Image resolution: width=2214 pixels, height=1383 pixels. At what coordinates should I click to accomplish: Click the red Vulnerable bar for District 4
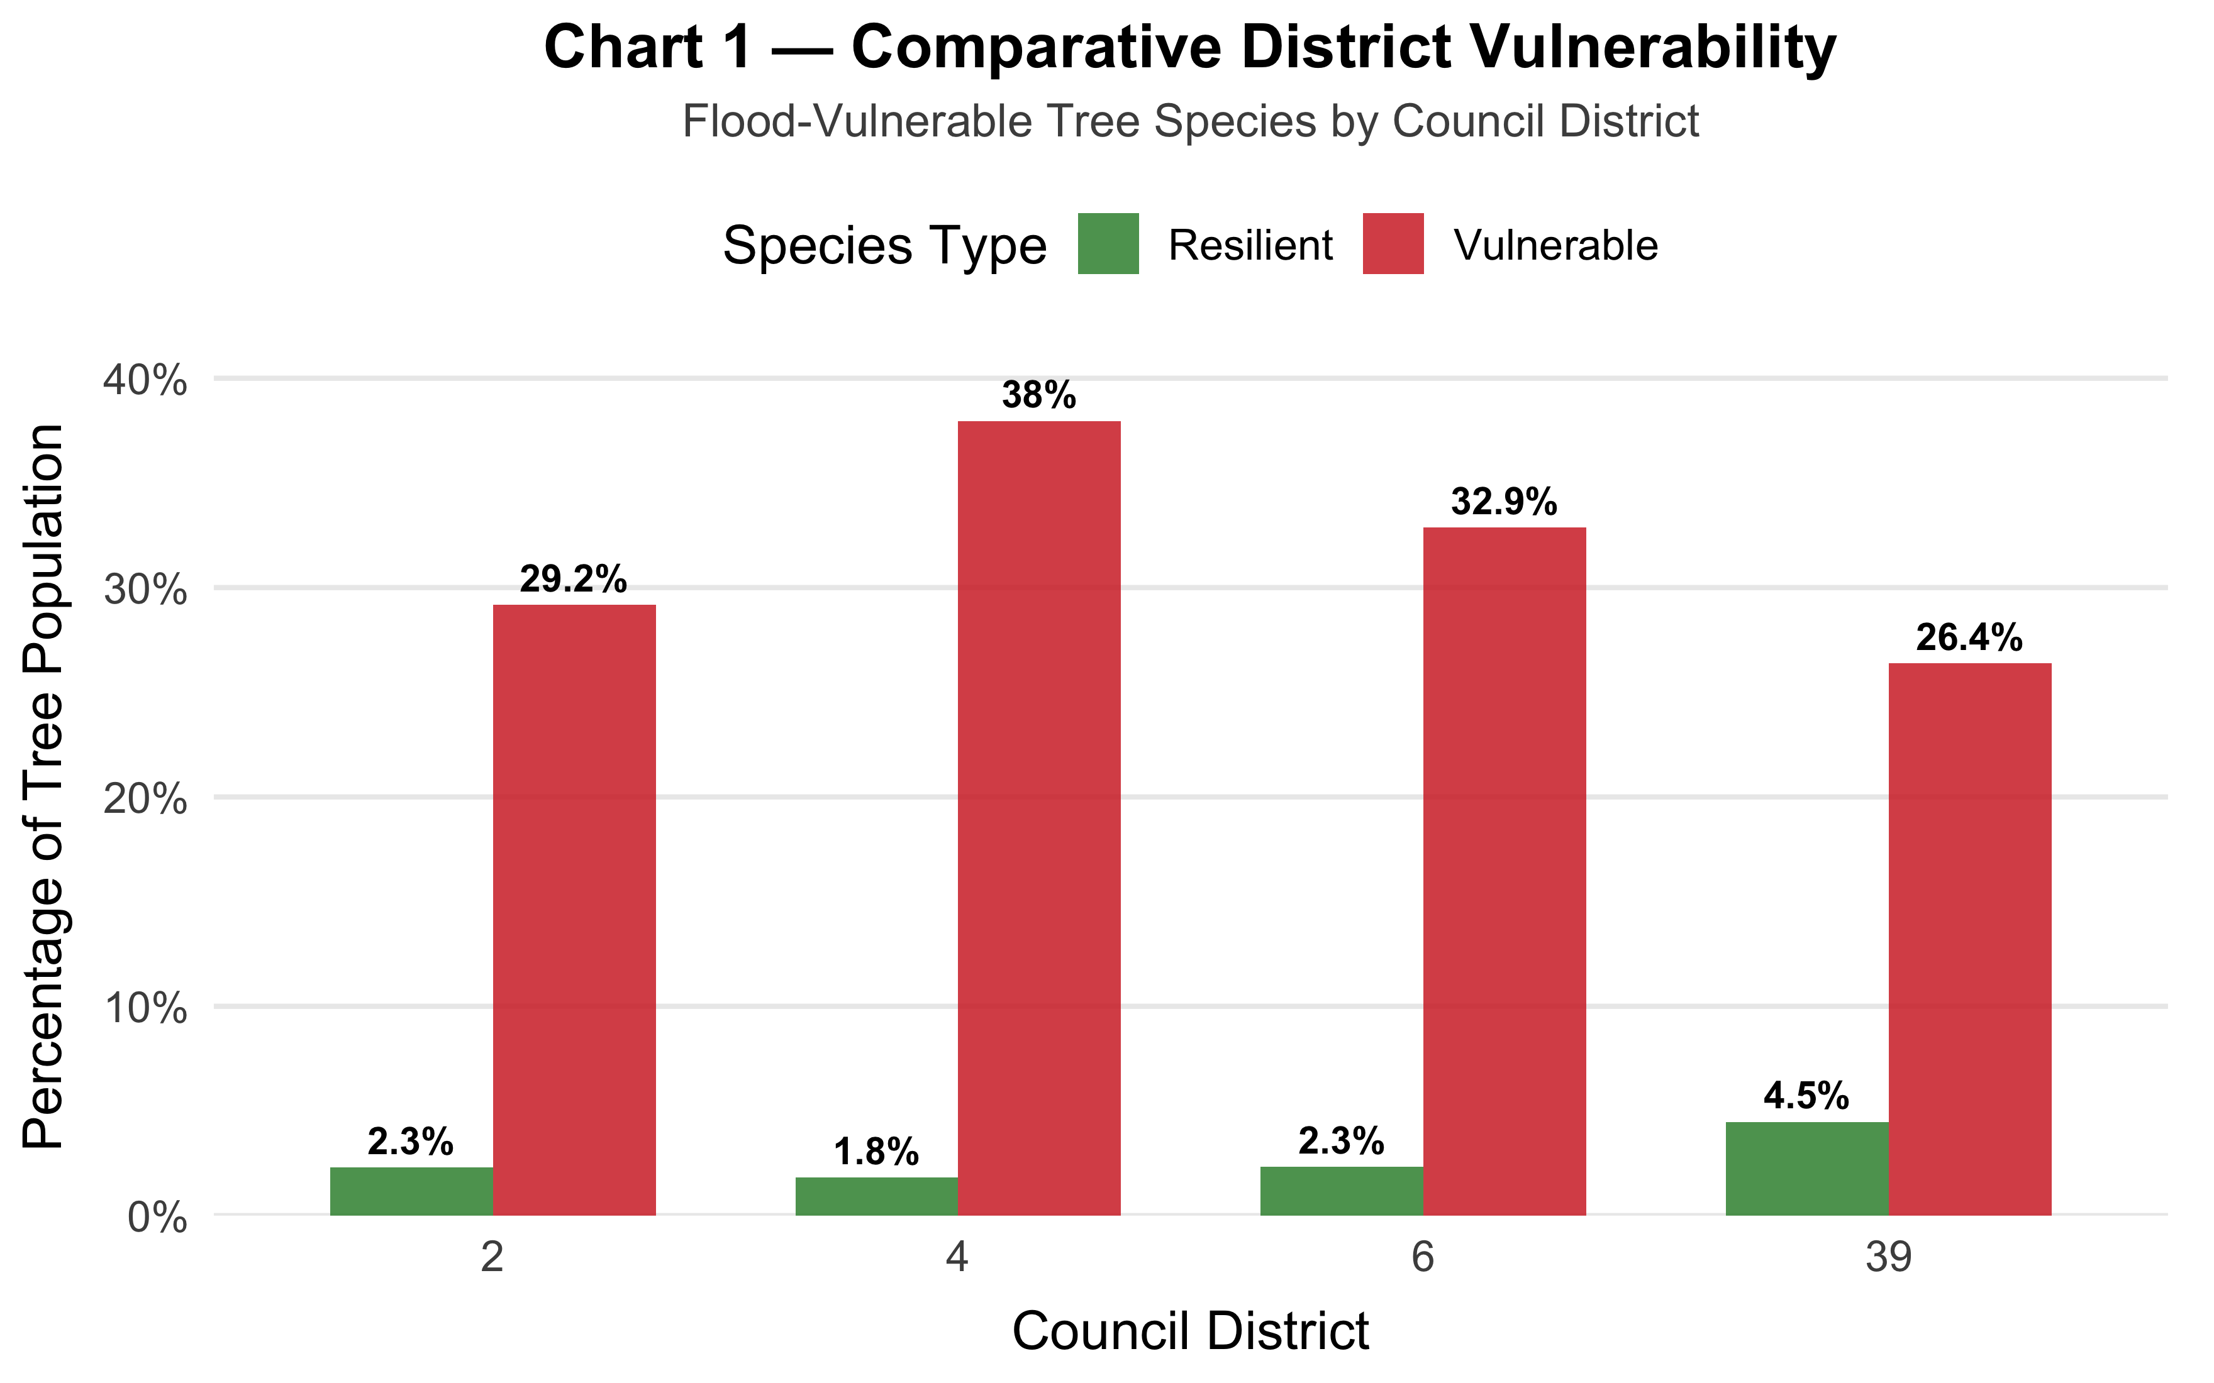(x=1039, y=818)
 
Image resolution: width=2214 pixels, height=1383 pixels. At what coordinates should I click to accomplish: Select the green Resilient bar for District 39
(x=1807, y=1169)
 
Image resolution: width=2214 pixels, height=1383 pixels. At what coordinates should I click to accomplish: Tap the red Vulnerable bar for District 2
(x=574, y=910)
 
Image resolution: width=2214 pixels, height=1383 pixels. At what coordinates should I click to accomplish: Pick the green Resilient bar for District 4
(x=876, y=1196)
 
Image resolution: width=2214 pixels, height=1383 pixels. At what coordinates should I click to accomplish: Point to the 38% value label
(x=1039, y=395)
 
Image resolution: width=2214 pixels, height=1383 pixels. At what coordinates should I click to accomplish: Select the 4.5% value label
(x=1807, y=1096)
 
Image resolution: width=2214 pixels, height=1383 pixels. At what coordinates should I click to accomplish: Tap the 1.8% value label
(x=876, y=1152)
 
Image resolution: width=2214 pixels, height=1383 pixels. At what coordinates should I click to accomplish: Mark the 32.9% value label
(x=1504, y=502)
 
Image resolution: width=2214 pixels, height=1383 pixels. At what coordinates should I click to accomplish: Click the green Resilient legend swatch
(x=1108, y=244)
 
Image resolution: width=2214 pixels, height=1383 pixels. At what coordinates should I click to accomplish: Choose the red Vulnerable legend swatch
(x=1393, y=244)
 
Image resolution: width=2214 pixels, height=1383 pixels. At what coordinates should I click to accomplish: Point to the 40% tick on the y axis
(x=145, y=380)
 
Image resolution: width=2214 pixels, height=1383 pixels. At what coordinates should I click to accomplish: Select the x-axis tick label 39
(x=1888, y=1259)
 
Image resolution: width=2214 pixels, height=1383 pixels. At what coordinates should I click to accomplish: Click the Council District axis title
(x=1190, y=1331)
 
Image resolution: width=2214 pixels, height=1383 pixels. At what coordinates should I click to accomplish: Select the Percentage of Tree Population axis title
(x=44, y=786)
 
